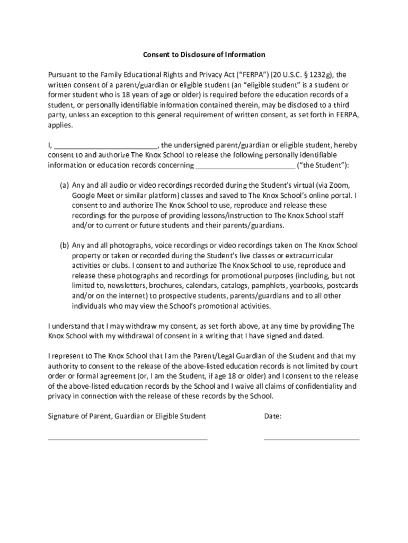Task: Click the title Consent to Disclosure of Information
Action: pyautogui.click(x=204, y=55)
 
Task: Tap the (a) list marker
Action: pyautogui.click(x=64, y=185)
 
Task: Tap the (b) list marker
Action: pyautogui.click(x=64, y=246)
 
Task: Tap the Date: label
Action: pyautogui.click(x=272, y=416)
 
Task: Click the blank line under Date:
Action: pyautogui.click(x=311, y=440)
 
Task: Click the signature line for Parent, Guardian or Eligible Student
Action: pyautogui.click(x=128, y=440)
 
